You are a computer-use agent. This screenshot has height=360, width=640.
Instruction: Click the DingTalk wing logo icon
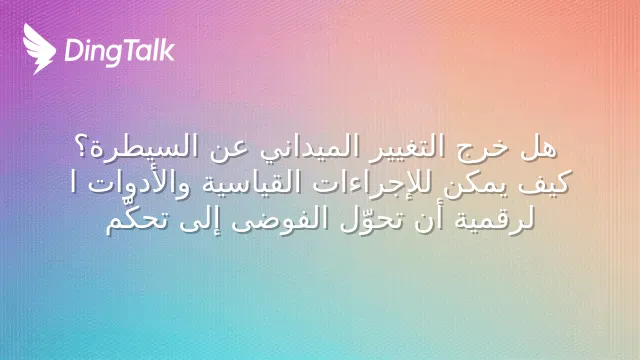(x=39, y=49)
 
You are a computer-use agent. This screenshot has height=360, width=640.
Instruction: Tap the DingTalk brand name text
(x=120, y=51)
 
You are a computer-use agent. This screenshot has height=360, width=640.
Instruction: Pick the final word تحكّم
(x=136, y=219)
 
